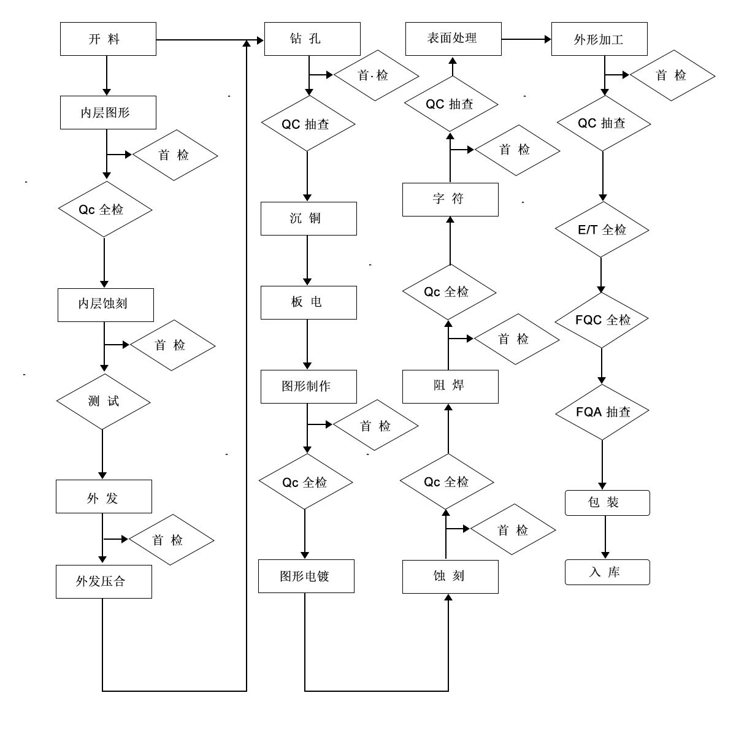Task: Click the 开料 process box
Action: (108, 39)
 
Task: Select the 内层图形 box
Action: (108, 113)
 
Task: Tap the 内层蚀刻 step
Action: (105, 304)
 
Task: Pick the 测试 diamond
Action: (103, 402)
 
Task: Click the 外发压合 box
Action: (104, 581)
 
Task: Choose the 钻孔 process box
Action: (312, 39)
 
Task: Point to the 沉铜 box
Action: (309, 218)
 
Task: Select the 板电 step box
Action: (309, 302)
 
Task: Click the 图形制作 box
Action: (309, 386)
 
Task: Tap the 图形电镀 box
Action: (306, 576)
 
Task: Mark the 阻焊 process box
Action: (450, 386)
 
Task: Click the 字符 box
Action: (450, 199)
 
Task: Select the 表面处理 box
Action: (453, 39)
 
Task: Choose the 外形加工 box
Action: (599, 39)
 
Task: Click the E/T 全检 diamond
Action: (602, 230)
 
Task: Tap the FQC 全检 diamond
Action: (602, 320)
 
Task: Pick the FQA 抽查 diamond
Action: (602, 412)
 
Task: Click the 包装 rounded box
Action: (607, 503)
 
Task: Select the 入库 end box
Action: (607, 572)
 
